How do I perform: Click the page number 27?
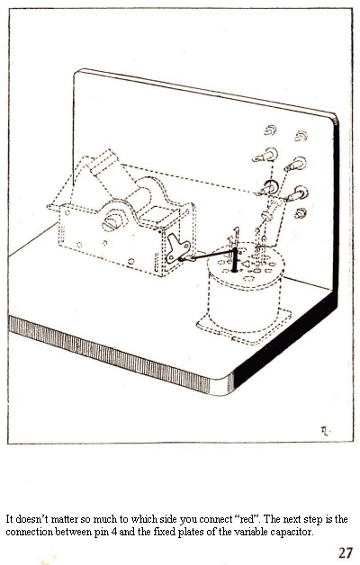tap(345, 552)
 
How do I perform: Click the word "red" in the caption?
tap(247, 519)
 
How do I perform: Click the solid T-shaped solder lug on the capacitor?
tap(177, 248)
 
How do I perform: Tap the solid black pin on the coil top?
tap(235, 259)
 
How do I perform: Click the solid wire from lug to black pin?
tap(208, 256)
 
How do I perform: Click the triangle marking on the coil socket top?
tap(246, 265)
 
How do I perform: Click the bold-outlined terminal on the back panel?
tap(269, 187)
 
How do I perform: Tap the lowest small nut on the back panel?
tap(301, 213)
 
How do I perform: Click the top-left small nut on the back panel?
tap(270, 130)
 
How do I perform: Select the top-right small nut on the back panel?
tap(301, 136)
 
